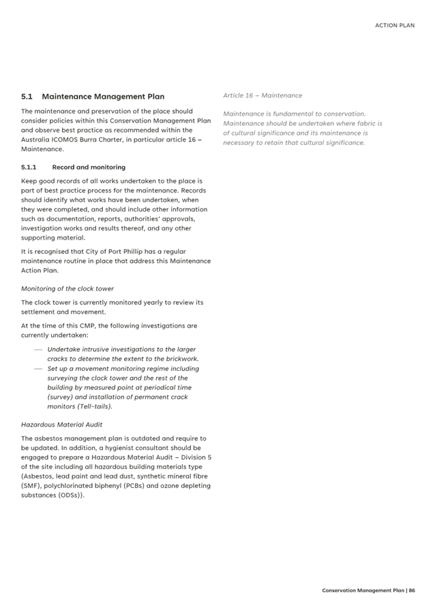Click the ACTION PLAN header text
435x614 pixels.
click(395, 25)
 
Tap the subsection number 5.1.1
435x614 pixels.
click(30, 167)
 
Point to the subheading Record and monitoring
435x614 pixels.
click(89, 167)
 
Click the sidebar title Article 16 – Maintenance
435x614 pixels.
click(262, 95)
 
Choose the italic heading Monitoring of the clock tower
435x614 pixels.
click(67, 289)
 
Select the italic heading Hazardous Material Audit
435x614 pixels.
click(61, 424)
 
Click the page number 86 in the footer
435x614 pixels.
click(412, 590)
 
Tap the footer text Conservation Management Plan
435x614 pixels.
click(363, 590)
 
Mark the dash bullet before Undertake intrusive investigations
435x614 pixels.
click(38, 349)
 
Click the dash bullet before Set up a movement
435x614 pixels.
click(38, 369)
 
